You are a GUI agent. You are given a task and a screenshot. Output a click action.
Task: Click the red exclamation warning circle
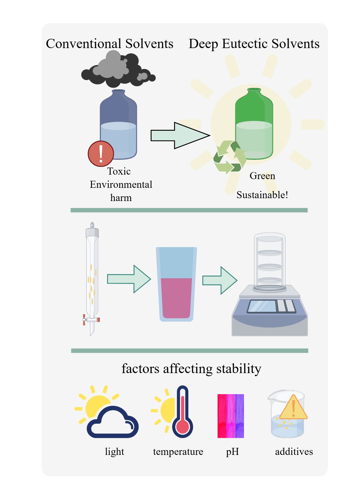coord(101,154)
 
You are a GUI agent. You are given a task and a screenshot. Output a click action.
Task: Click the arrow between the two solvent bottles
coord(180,136)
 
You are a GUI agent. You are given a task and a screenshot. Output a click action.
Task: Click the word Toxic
coord(119,171)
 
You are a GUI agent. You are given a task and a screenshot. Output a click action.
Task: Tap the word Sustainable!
coord(262,195)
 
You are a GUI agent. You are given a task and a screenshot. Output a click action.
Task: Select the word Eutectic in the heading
coord(245,44)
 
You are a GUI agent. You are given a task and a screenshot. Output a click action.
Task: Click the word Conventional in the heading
coord(84,44)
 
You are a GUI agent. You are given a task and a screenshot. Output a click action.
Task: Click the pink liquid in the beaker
coord(176,298)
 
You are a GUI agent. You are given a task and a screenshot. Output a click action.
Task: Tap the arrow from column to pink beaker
coord(129,279)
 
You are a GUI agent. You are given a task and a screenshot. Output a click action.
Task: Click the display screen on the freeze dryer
coord(261,306)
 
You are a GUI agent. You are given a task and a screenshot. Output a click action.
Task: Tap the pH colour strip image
coord(231,416)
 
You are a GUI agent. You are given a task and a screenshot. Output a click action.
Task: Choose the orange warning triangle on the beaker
coord(293,408)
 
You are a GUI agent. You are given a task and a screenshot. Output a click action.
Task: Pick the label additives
coord(294,452)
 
